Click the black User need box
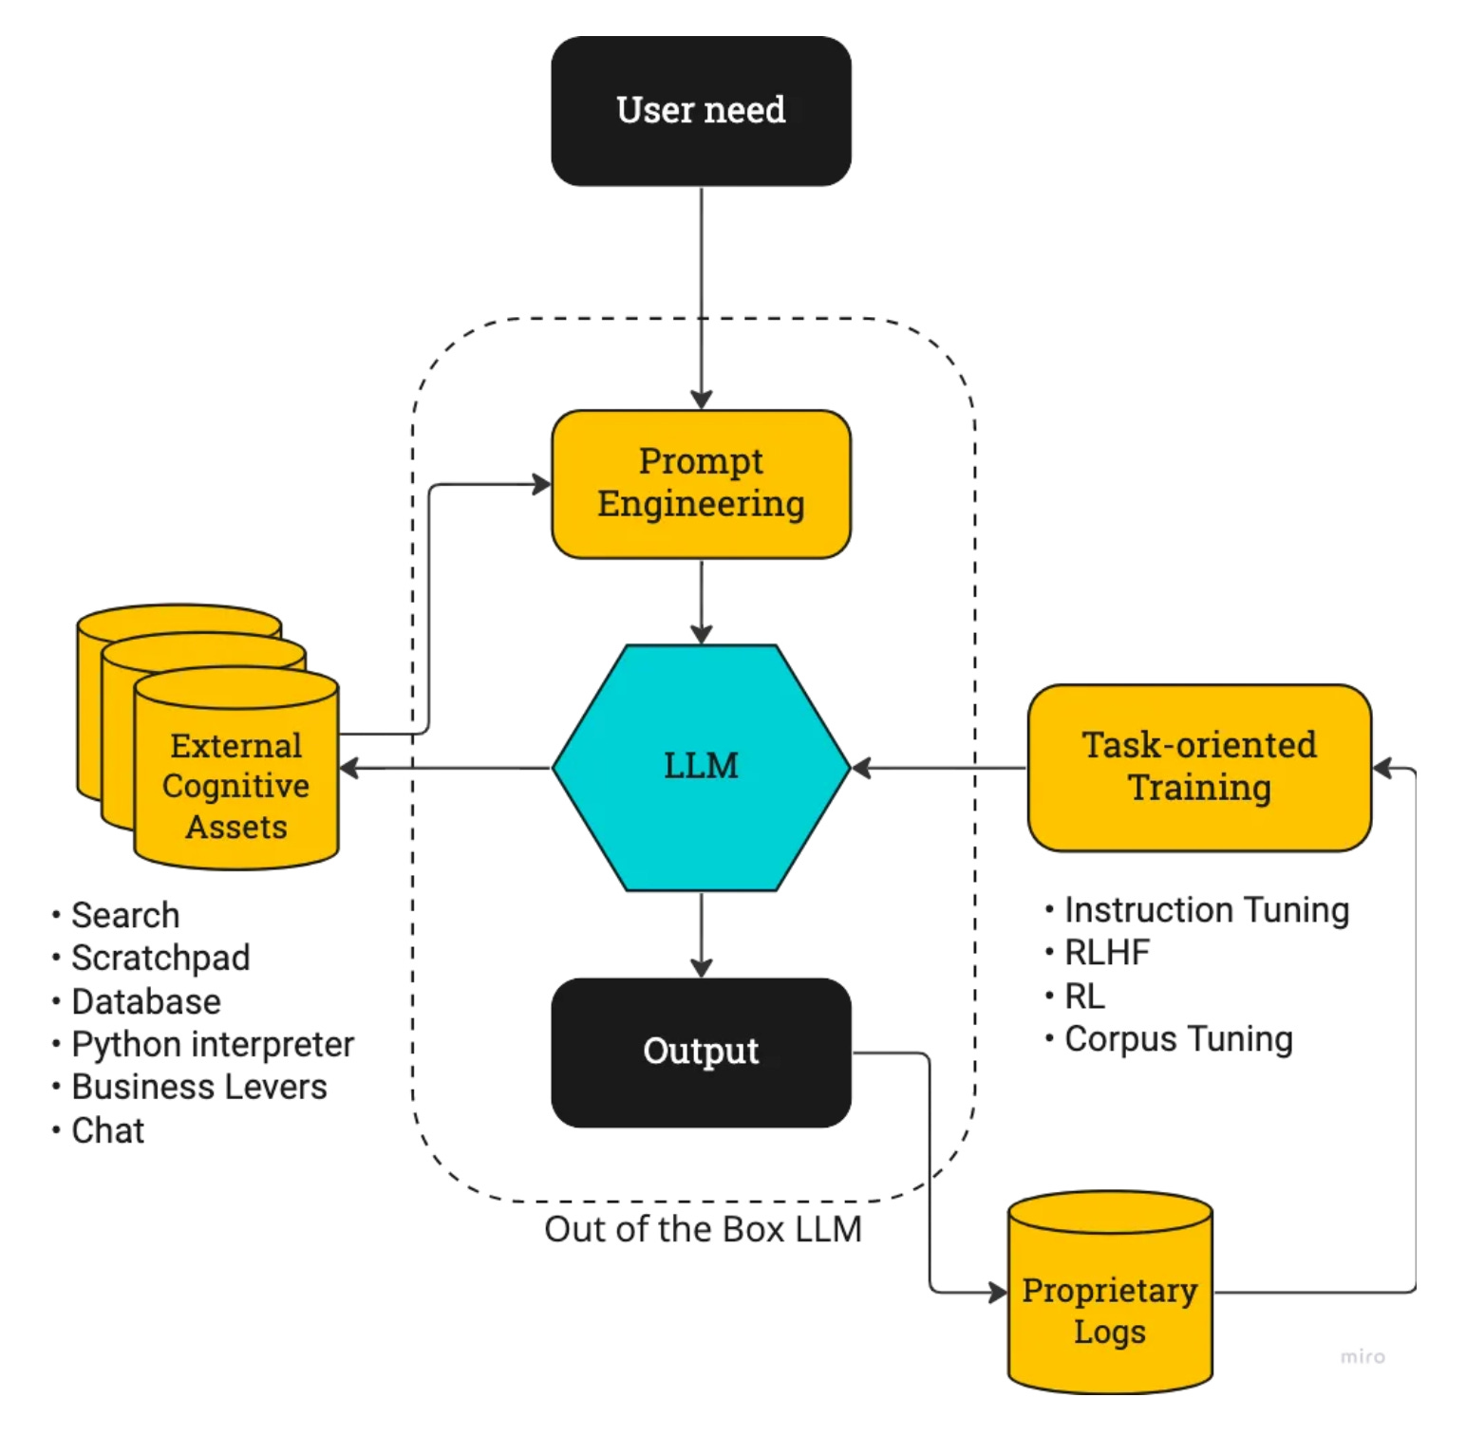pos(701,111)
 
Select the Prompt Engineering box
pos(701,483)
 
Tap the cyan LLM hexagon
pos(701,767)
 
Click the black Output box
pos(701,1052)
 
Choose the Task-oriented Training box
pos(1199,767)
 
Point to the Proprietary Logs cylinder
pos(1109,1310)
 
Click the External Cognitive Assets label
pos(235,786)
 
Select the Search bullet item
pos(125,915)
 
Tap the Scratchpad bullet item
pos(160,958)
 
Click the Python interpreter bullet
pos(213,1044)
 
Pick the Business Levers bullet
pos(199,1087)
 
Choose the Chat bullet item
pos(107,1130)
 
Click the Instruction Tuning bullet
pos(1206,909)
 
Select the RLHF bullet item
pos(1107,952)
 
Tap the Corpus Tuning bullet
pos(1178,1038)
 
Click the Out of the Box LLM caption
pos(703,1229)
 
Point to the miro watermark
pos(1363,1356)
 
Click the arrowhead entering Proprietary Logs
pos(998,1292)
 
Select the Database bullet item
pos(146,1001)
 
